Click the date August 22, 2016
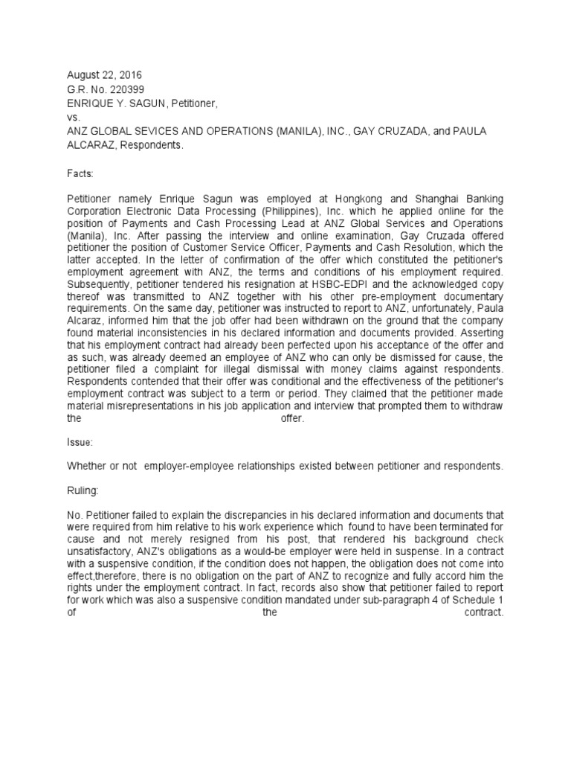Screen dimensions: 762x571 104,75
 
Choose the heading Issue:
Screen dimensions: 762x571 80,442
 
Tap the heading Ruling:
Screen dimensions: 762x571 83,490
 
